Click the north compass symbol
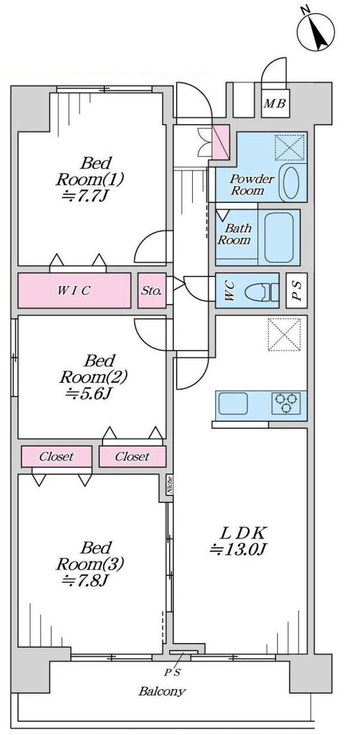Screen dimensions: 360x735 315,31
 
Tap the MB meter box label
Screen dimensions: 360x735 275,104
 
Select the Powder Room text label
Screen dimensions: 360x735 251,184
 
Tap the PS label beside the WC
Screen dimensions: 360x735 296,291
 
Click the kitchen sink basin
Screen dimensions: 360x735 233,403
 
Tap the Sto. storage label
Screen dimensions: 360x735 151,291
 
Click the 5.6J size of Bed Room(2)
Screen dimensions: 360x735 89,393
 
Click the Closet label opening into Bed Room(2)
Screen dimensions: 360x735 133,456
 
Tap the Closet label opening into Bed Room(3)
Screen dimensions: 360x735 56,456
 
